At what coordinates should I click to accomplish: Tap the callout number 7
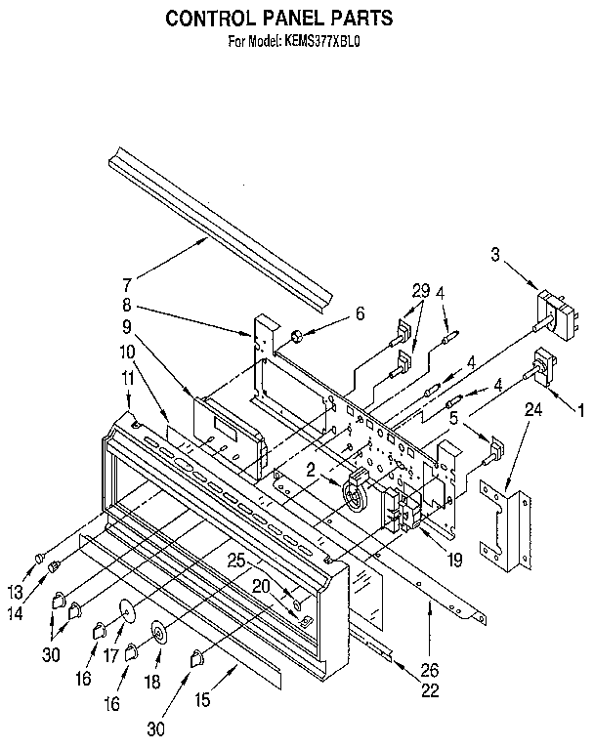click(x=126, y=285)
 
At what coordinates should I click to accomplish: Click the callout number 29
click(x=420, y=290)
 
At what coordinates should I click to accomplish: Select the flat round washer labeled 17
click(x=126, y=610)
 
